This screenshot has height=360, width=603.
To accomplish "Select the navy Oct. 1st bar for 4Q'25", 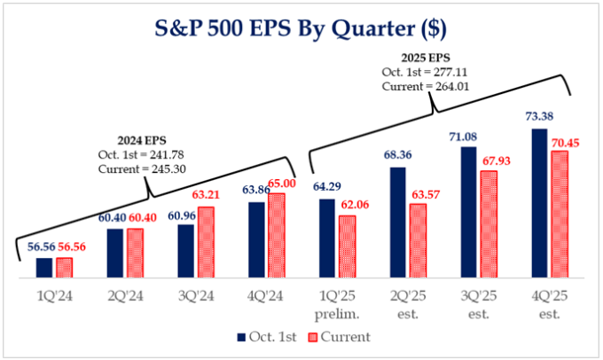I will coord(537,203).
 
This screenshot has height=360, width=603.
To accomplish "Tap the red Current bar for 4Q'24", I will coord(276,234).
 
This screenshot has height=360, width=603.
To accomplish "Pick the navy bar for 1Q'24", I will coord(44,266).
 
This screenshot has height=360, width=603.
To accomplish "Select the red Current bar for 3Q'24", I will coord(205,241).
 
